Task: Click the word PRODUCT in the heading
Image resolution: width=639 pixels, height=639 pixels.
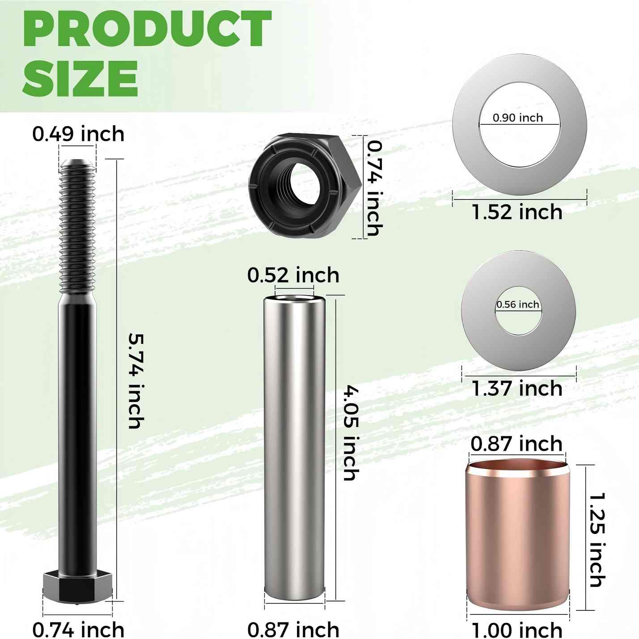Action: pyautogui.click(x=147, y=29)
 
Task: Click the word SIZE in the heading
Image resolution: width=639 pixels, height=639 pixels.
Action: pyautogui.click(x=80, y=79)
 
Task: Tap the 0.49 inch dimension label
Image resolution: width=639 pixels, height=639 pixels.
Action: pyautogui.click(x=78, y=134)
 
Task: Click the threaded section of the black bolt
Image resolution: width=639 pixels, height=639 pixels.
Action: pyautogui.click(x=78, y=229)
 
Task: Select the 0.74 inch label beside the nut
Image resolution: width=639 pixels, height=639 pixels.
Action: pyautogui.click(x=375, y=188)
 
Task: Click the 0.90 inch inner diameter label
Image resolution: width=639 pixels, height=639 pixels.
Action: pyautogui.click(x=518, y=118)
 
